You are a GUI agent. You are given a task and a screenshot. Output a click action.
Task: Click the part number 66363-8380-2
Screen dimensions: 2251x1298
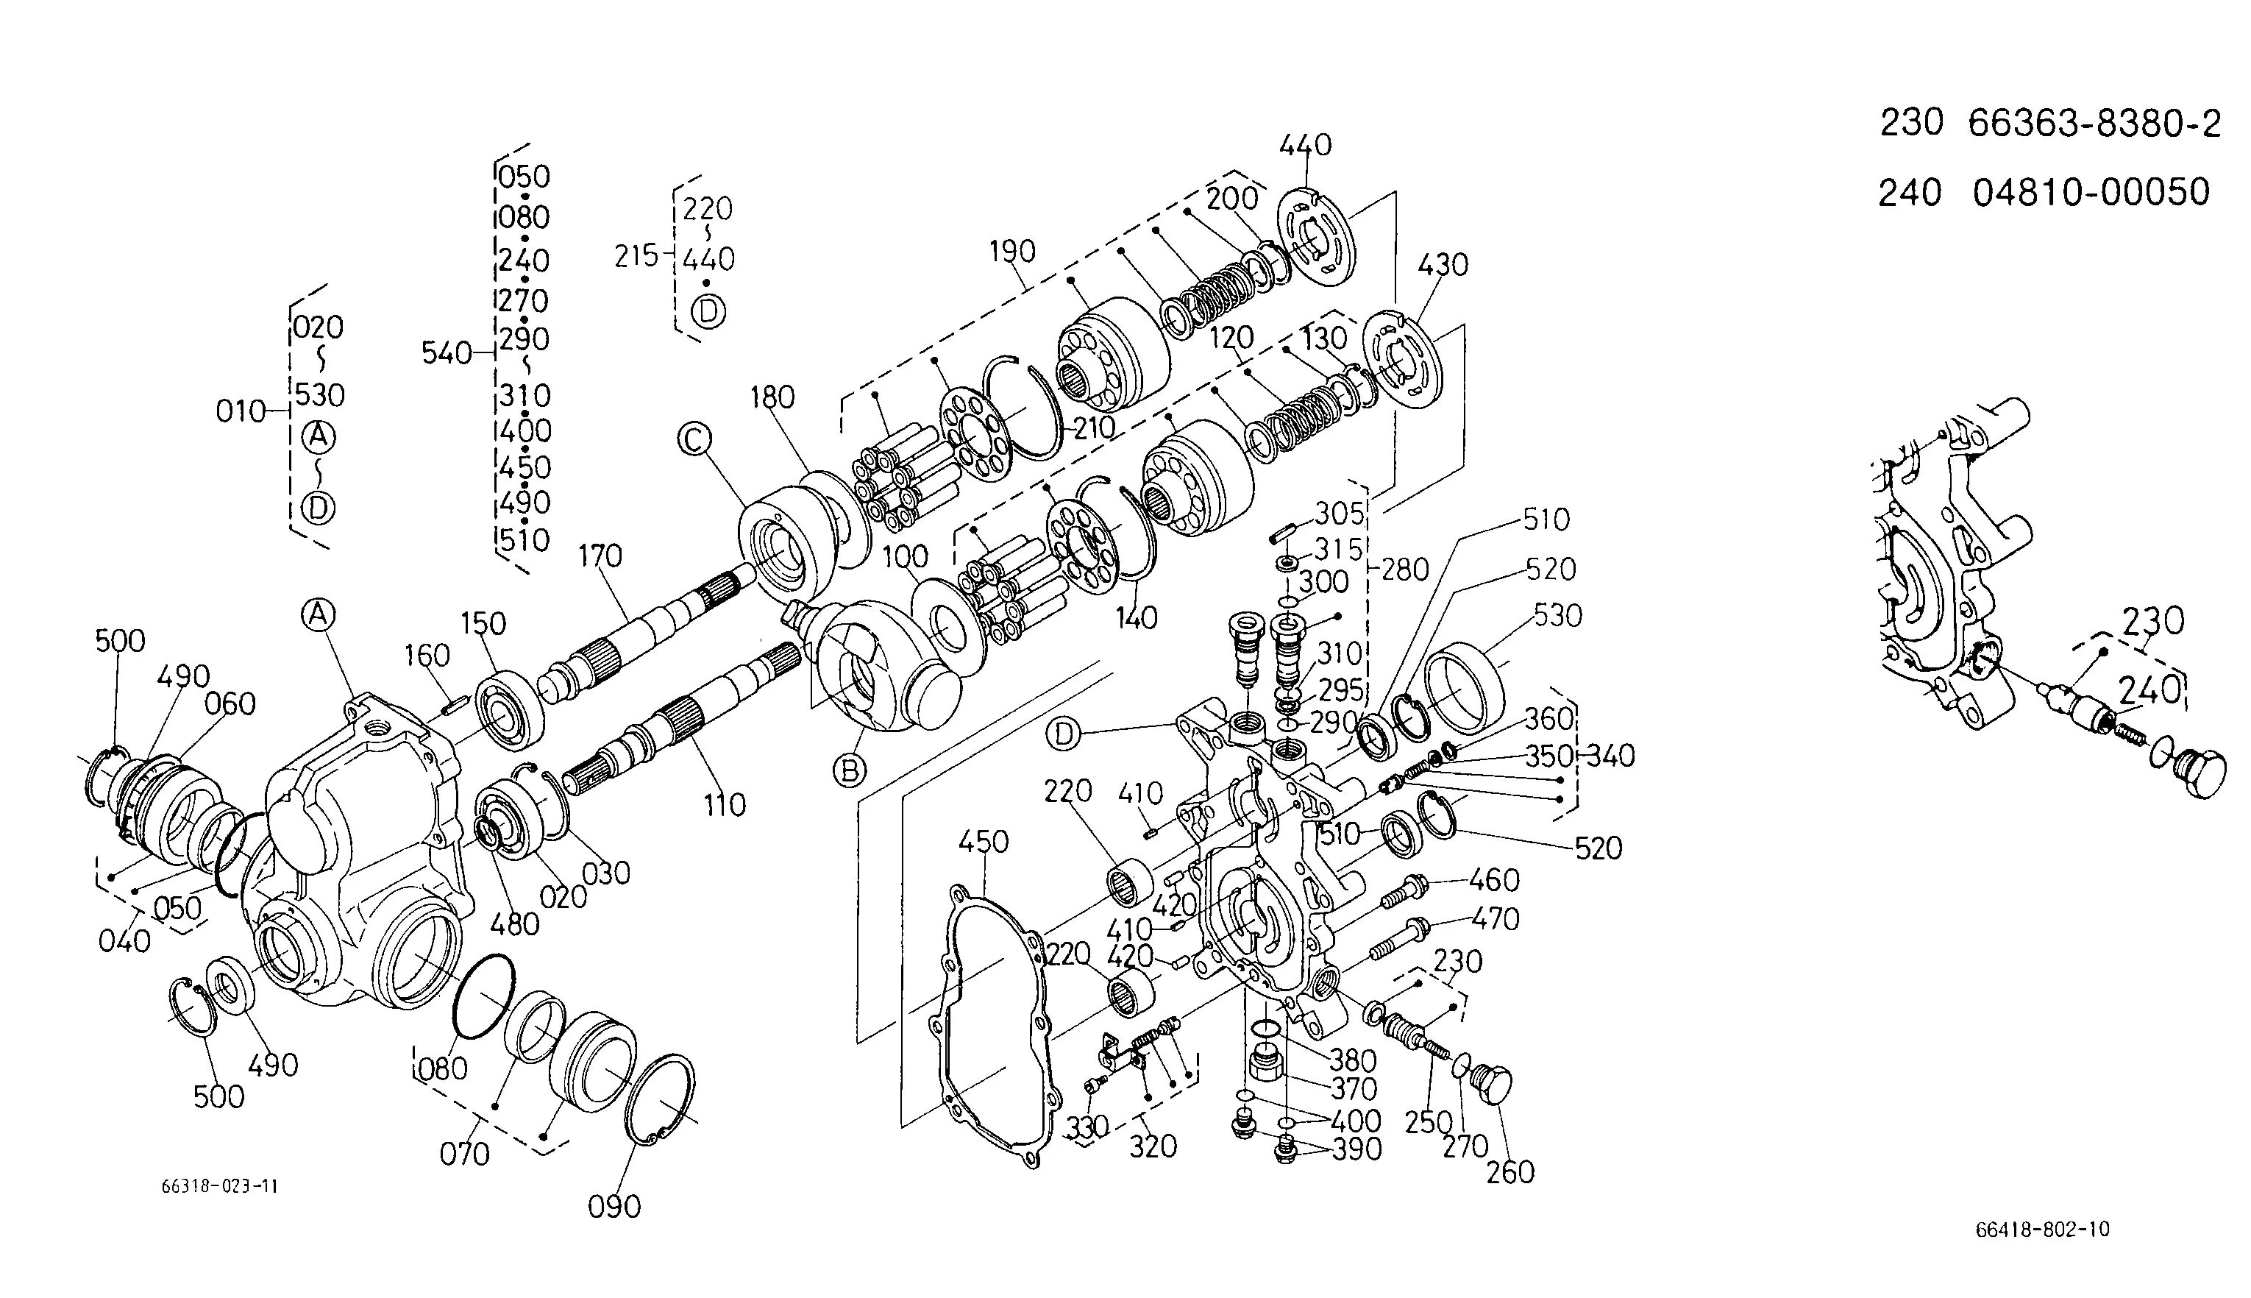point(2094,123)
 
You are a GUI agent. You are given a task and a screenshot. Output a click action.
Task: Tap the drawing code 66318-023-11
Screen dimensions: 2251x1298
point(219,1187)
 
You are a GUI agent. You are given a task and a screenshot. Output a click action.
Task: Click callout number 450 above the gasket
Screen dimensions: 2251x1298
point(984,840)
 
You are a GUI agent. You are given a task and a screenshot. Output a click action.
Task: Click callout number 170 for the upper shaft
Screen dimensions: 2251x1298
point(600,556)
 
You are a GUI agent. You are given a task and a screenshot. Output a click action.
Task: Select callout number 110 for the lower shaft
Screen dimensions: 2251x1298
point(724,806)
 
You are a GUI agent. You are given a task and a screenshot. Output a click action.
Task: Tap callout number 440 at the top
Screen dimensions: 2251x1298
point(1306,144)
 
